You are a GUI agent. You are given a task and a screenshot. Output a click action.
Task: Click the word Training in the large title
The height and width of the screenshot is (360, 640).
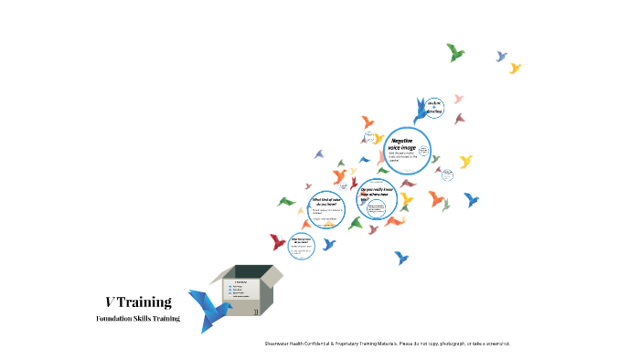coord(146,302)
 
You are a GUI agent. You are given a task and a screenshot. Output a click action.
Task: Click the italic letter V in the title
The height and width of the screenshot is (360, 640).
coord(110,302)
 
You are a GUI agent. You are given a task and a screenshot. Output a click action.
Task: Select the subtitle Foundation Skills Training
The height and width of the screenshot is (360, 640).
coord(138,319)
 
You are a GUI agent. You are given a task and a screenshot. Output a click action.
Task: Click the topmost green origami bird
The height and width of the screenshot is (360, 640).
coord(455,51)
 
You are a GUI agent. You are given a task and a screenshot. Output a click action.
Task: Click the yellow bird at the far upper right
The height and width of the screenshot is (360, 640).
coord(515,68)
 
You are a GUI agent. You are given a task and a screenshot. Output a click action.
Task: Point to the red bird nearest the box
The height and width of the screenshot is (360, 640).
coord(278,242)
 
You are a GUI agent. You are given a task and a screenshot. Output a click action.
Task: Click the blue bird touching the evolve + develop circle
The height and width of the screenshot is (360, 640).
coord(420,112)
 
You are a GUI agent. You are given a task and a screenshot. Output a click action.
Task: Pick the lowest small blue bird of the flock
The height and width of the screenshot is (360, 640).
coord(400,258)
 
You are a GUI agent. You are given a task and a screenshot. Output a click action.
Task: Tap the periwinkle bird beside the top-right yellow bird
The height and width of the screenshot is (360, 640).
coord(501,56)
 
